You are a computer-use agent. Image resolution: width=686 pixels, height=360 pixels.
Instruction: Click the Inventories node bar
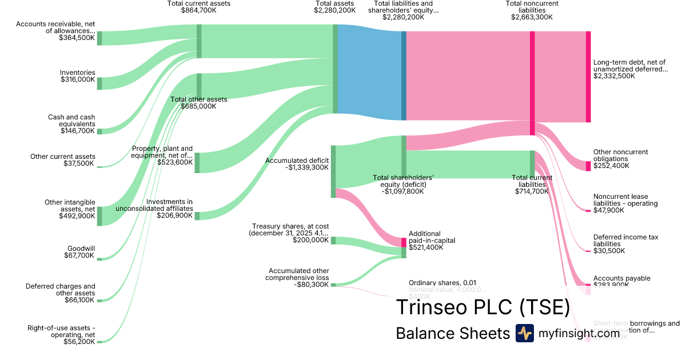click(x=99, y=82)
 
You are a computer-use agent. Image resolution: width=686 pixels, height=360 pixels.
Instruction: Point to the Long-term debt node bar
click(x=588, y=77)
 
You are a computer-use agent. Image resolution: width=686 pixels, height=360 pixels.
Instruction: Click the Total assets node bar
click(x=336, y=69)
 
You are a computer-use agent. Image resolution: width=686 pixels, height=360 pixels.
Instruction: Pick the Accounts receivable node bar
click(x=99, y=38)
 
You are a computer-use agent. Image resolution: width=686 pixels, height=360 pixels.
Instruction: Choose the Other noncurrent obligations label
click(x=620, y=155)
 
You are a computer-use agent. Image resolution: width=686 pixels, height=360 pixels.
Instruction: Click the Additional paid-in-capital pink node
click(x=404, y=242)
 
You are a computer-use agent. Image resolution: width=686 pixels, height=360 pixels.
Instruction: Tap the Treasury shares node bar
click(x=333, y=241)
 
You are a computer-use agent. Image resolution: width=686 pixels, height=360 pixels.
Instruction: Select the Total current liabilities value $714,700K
click(x=532, y=191)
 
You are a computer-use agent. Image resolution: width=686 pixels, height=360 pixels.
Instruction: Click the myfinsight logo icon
click(x=524, y=333)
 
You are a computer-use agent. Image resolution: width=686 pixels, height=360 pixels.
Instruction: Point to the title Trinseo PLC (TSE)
click(x=482, y=307)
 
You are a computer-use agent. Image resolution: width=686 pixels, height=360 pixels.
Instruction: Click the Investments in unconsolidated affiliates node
click(x=197, y=215)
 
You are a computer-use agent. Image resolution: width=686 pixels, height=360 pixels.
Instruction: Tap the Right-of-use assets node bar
click(x=99, y=342)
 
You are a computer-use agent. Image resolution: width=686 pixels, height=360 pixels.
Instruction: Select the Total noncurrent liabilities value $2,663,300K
click(x=532, y=17)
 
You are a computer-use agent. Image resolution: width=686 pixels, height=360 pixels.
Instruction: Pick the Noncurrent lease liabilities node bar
click(x=588, y=211)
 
